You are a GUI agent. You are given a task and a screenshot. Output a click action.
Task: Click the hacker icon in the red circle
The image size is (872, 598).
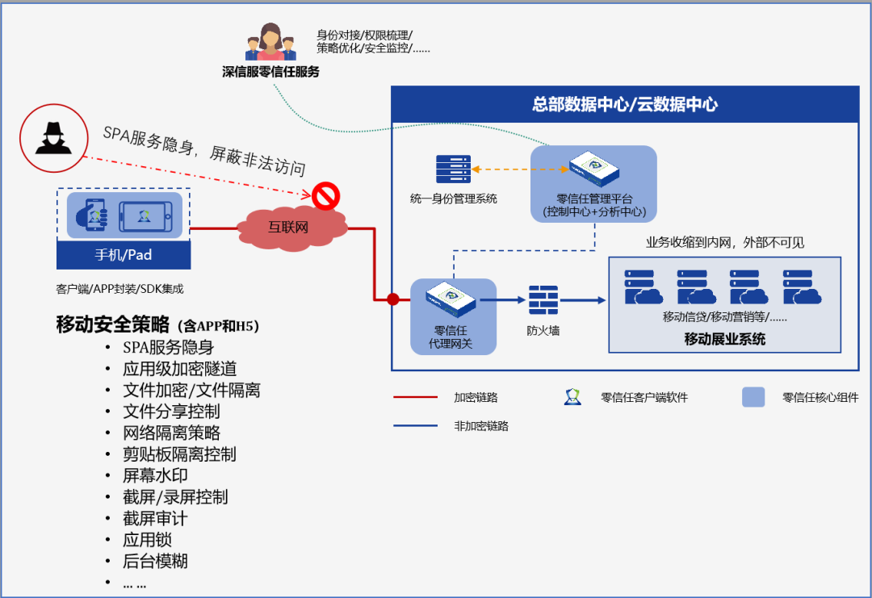pyautogui.click(x=53, y=138)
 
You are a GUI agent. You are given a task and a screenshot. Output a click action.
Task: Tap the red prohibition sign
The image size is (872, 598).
pyautogui.click(x=326, y=196)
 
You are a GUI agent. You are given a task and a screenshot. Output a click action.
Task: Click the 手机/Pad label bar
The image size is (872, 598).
pyautogui.click(x=124, y=254)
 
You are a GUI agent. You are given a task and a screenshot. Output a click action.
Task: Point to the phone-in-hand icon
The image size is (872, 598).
pyautogui.click(x=91, y=215)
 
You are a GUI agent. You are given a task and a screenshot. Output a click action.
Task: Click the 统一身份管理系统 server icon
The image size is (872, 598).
pyautogui.click(x=453, y=169)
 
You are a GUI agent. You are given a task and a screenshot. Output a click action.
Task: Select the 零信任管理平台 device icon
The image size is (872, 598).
pyautogui.click(x=594, y=169)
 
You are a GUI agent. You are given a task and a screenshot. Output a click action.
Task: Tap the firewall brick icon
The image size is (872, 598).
pyautogui.click(x=543, y=300)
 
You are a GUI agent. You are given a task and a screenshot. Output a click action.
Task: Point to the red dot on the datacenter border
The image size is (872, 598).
pyautogui.click(x=393, y=299)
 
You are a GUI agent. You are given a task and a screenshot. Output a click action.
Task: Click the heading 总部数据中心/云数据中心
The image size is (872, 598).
pyautogui.click(x=625, y=104)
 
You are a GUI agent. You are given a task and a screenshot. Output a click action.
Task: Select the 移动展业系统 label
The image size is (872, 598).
pyautogui.click(x=724, y=339)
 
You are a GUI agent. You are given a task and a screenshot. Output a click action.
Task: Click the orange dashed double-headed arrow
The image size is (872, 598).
pyautogui.click(x=520, y=169)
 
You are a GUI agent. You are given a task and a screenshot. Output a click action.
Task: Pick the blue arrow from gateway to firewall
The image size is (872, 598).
pyautogui.click(x=503, y=300)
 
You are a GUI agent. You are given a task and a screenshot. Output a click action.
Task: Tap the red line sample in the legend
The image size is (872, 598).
pyautogui.click(x=416, y=397)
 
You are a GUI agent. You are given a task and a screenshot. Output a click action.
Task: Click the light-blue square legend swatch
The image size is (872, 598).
pyautogui.click(x=753, y=397)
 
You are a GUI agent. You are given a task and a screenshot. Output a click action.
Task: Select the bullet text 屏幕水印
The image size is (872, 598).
pyautogui.click(x=155, y=475)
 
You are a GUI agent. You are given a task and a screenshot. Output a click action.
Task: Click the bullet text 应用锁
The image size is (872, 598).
pyautogui.click(x=148, y=540)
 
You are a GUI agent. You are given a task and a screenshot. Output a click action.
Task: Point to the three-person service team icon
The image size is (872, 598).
pyautogui.click(x=270, y=42)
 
